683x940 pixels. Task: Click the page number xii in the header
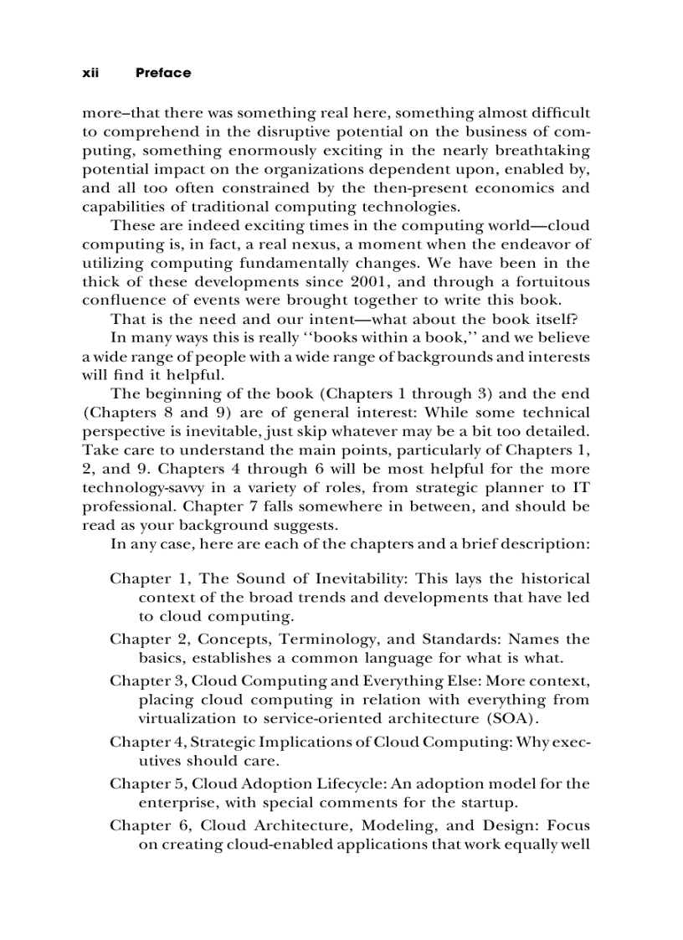(x=90, y=73)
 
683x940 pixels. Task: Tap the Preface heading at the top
(x=163, y=73)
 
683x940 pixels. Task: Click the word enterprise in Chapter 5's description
(x=177, y=803)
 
